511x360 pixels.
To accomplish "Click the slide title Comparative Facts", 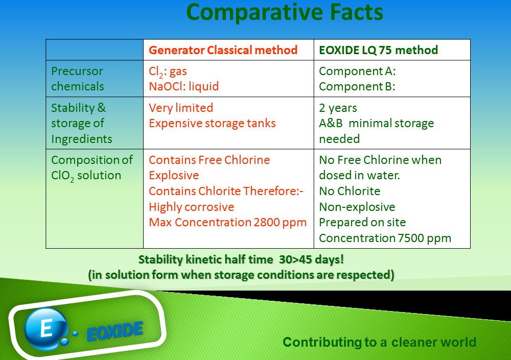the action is coord(285,12).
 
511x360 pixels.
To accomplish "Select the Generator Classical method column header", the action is coord(223,50).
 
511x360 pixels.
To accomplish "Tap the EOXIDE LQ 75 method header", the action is coord(378,50).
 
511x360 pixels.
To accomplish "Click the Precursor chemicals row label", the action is coord(78,79).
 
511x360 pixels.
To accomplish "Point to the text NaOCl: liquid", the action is coord(184,86).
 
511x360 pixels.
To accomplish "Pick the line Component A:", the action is coord(357,71).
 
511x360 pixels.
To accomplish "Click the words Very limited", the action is coord(181,108).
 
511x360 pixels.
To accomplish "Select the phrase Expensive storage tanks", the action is coord(212,123).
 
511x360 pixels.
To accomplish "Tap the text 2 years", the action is coord(338,108).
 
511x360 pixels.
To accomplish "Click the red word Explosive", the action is coord(174,175).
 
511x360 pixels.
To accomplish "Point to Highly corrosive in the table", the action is coord(192,207).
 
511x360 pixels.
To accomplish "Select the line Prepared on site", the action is coord(362,222).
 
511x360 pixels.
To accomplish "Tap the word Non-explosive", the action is coord(357,207).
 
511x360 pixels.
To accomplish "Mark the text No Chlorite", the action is coord(350,191).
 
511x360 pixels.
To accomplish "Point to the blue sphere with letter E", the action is coord(45,328).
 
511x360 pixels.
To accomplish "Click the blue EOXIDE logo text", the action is coord(114,331).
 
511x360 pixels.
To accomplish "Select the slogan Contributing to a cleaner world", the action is coord(379,342).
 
